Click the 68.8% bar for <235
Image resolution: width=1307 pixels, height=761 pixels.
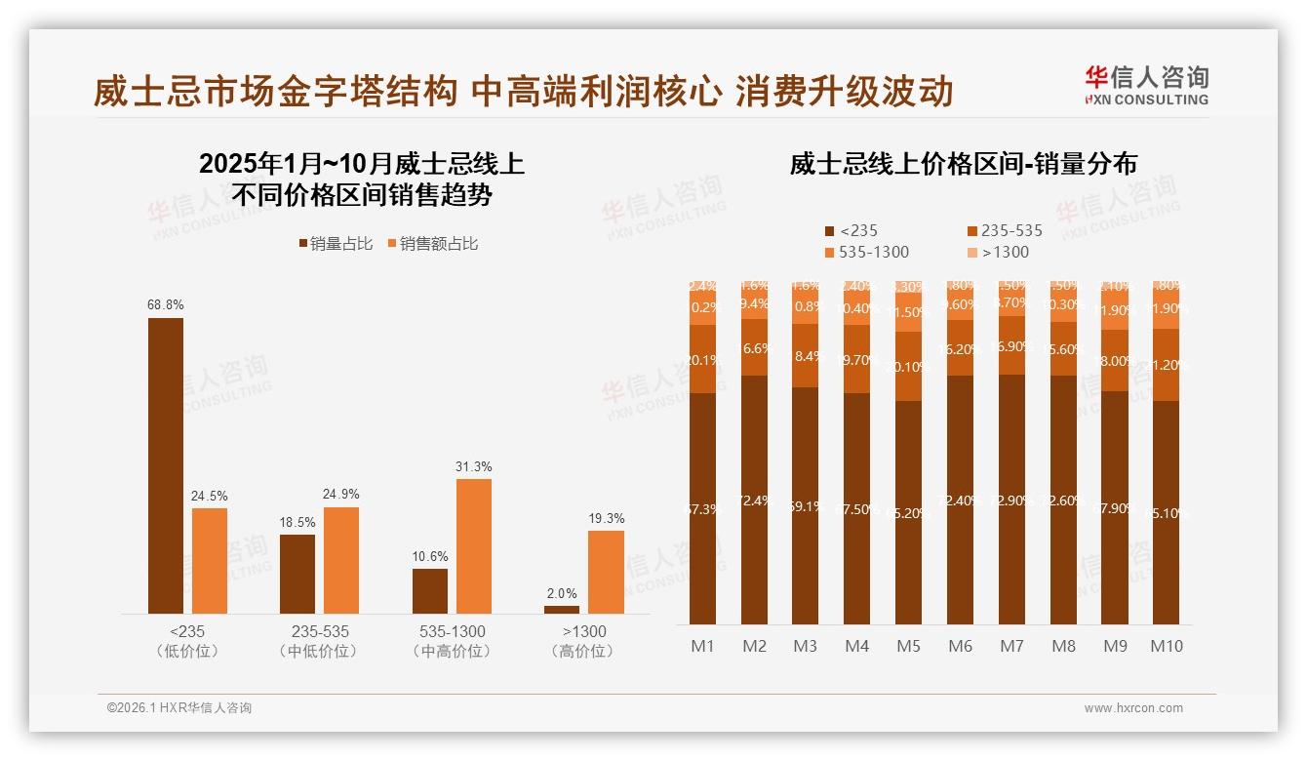(166, 465)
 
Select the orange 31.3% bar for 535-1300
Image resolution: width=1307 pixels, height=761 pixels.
(474, 545)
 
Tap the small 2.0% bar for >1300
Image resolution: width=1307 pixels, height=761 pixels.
(562, 610)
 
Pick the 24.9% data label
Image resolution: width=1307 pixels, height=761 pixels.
(341, 494)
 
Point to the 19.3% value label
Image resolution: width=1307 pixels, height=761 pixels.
(607, 518)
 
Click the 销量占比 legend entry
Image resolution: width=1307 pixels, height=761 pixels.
(336, 244)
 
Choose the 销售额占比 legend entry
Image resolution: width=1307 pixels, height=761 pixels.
(433, 244)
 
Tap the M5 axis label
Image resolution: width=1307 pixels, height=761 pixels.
(908, 646)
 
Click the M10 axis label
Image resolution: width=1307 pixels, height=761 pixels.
(1166, 646)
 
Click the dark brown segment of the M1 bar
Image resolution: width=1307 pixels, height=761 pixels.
(702, 507)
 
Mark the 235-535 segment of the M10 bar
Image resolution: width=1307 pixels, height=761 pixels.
(1166, 365)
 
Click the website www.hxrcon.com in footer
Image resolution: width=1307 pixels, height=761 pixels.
(1133, 708)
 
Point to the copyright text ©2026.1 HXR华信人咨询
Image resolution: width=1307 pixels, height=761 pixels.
(179, 708)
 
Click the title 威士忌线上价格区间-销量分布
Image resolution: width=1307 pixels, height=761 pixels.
(963, 164)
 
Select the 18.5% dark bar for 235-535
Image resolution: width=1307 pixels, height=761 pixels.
(297, 574)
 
